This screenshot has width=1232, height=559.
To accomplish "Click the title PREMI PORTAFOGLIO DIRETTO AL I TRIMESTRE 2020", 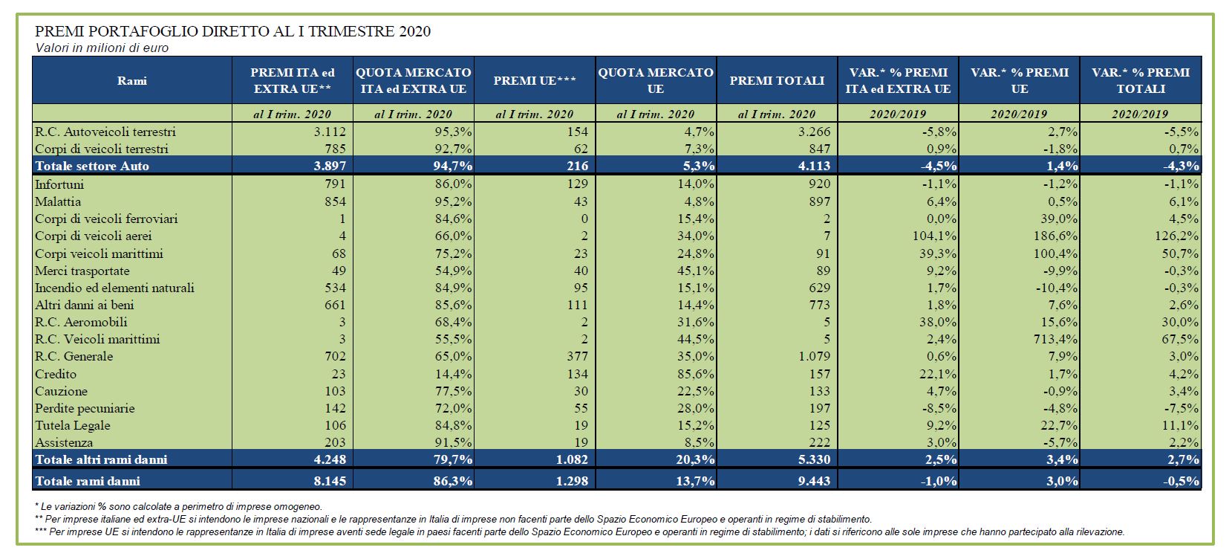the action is point(232,31).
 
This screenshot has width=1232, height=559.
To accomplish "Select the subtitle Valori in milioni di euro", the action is point(102,48).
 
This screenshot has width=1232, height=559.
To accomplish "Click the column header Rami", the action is point(132,80).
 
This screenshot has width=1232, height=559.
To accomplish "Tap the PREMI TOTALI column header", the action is point(777,80).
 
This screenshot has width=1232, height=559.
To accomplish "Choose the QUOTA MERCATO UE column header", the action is point(656,80).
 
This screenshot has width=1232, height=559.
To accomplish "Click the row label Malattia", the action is point(58,201).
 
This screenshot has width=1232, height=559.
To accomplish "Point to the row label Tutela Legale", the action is point(73,425).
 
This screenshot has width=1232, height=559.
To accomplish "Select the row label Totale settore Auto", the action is point(92,166).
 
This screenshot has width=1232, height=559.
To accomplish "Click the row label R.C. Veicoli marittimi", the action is point(97,339).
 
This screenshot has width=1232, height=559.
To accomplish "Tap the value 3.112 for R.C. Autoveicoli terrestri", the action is point(330,132).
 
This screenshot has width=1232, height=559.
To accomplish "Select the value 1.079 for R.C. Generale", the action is point(815,356).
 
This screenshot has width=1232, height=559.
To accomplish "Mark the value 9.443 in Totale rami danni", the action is point(815,481).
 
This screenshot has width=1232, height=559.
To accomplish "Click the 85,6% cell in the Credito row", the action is point(696,374).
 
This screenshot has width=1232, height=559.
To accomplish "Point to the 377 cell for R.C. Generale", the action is point(578,356).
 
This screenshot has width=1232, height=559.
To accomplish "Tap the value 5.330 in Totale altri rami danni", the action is point(815,459).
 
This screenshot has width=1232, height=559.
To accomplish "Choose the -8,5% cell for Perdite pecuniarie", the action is point(939,408).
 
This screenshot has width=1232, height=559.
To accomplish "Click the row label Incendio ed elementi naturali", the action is point(114,288).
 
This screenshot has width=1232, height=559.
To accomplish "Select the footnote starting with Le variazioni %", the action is point(178,506).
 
